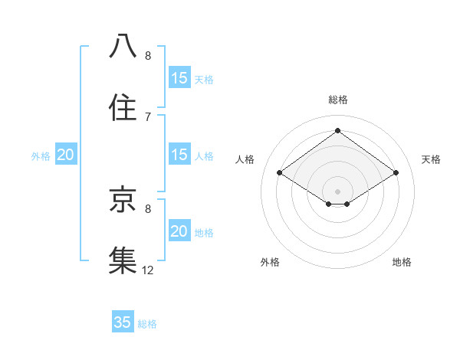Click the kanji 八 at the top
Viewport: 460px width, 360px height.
click(123, 47)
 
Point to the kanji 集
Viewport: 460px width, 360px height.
click(123, 260)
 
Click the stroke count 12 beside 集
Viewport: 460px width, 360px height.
click(148, 270)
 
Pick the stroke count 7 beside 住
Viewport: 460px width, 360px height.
click(148, 116)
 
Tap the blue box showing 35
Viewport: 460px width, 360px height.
click(123, 322)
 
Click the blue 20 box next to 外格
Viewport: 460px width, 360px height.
click(65, 155)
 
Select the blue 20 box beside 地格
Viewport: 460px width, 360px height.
click(179, 231)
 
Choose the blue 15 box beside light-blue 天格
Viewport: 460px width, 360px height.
click(179, 78)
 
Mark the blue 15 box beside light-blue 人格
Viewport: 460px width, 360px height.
click(179, 155)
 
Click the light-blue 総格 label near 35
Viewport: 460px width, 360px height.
click(147, 324)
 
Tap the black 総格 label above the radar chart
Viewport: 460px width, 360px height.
click(337, 100)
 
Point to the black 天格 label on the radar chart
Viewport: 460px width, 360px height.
click(432, 159)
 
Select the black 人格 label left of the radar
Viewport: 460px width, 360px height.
click(245, 159)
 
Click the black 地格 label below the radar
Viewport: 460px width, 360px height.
click(402, 262)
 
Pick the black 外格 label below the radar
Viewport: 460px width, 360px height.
click(270, 262)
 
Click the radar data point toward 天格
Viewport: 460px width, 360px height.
click(396, 173)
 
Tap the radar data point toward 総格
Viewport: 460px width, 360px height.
click(337, 130)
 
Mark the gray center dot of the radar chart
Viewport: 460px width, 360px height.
click(337, 191)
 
